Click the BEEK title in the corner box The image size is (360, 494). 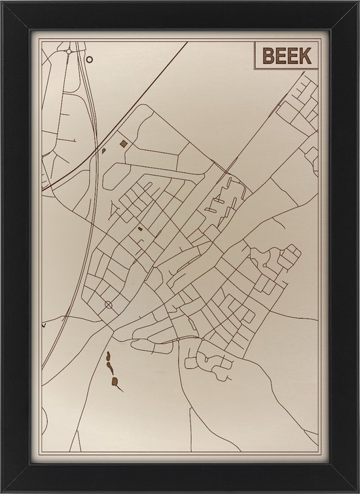pos(287,56)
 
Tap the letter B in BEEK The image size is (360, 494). pos(268,56)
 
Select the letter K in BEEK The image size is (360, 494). pos(305,56)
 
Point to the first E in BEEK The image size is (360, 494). pos(281,56)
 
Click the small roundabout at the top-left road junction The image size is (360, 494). pos(69,50)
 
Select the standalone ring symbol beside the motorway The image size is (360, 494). pos(90,58)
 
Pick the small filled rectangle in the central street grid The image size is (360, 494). pos(139,229)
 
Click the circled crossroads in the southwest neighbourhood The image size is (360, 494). pos(109,305)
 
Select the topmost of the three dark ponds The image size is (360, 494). pos(107,357)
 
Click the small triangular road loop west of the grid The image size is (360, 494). pos(116,211)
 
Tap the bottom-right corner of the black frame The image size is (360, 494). pos(357,491)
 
